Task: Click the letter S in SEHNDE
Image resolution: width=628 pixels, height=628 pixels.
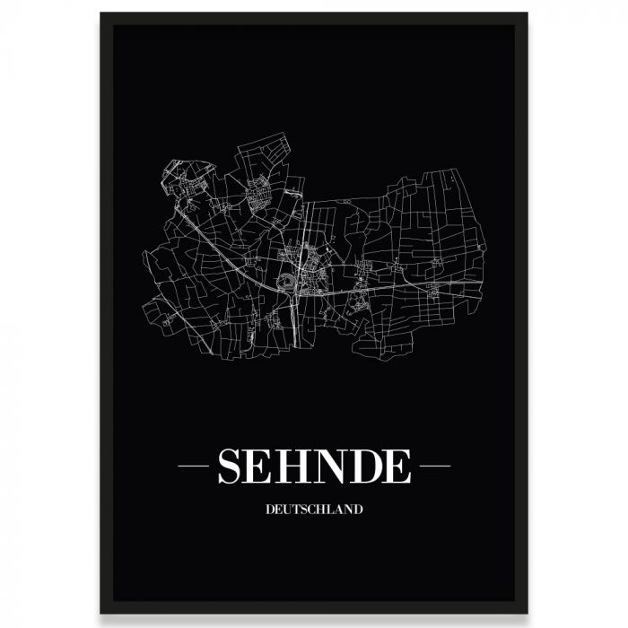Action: click(x=232, y=467)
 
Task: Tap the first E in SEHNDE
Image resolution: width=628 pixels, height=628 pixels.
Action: click(x=265, y=467)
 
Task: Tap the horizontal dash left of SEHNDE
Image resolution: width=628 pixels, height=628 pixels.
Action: click(x=194, y=467)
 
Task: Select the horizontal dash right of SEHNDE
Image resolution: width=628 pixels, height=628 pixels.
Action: click(x=435, y=467)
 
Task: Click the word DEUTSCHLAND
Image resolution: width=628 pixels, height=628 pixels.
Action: click(x=314, y=510)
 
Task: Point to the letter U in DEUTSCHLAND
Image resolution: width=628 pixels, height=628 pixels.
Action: click(x=286, y=510)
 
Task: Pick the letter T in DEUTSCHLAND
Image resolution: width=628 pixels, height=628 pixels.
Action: click(x=295, y=510)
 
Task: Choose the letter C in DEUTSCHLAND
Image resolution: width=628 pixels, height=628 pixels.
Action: click(x=311, y=510)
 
